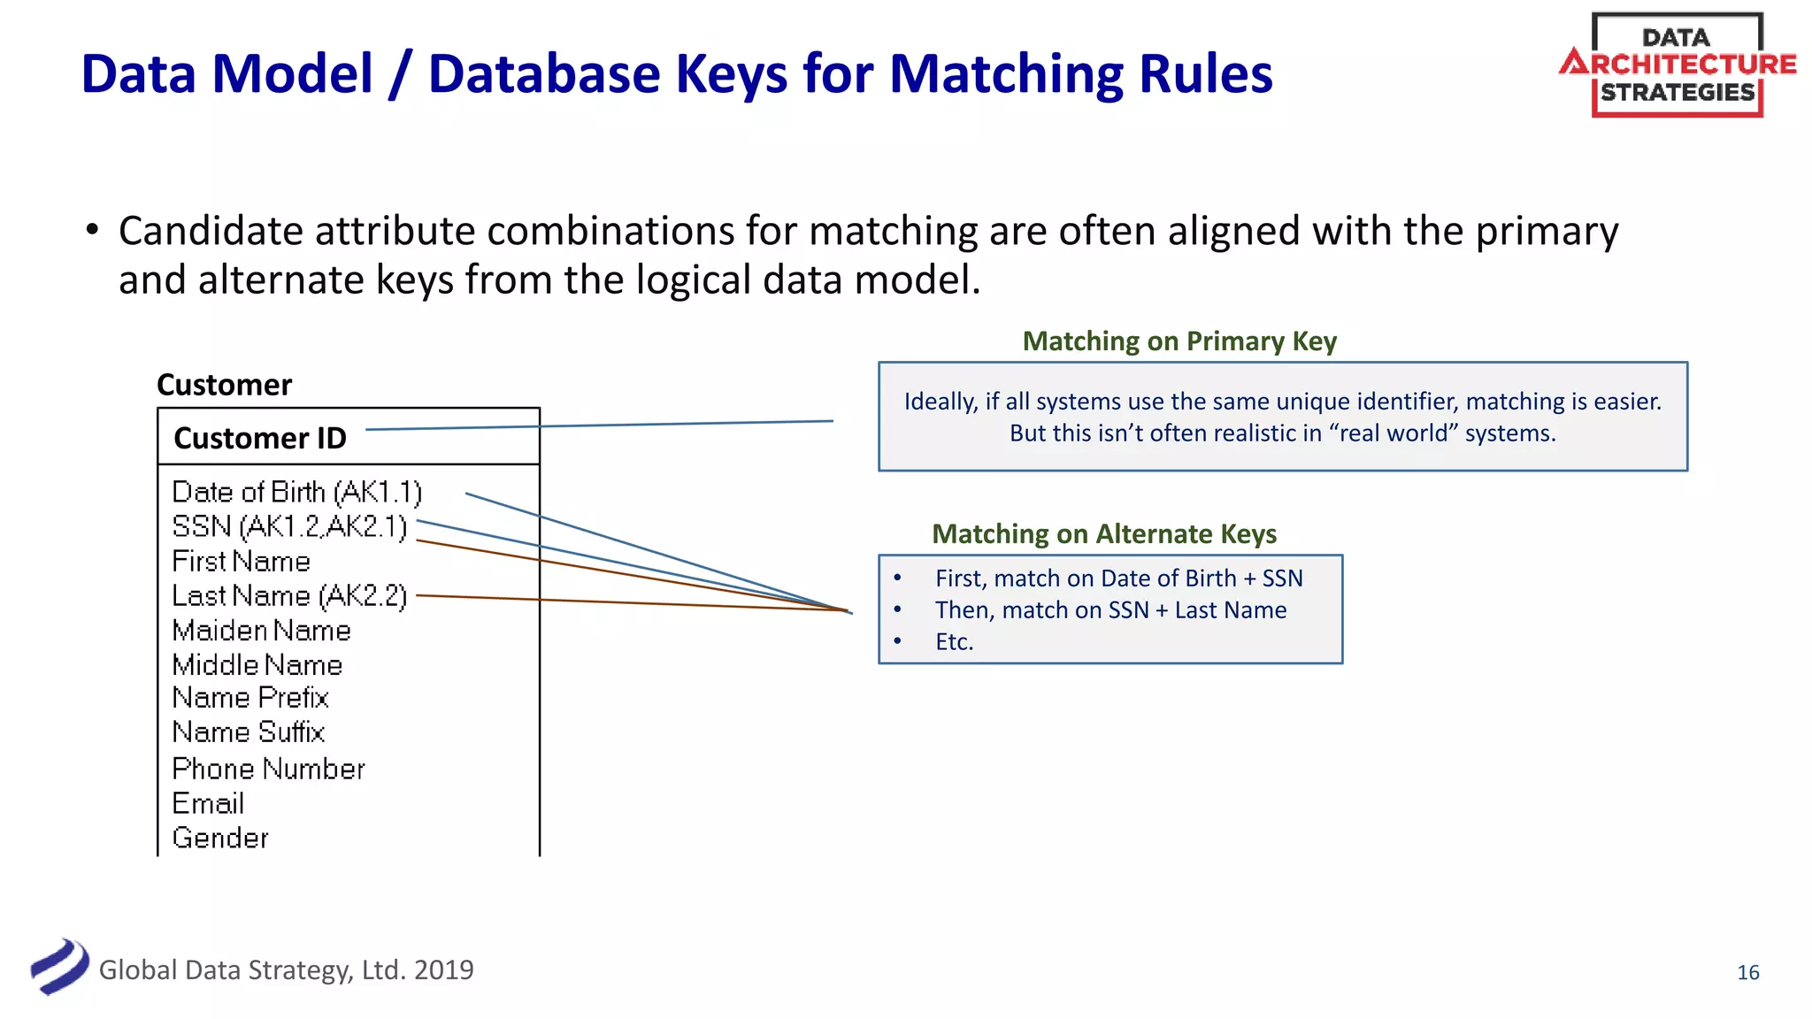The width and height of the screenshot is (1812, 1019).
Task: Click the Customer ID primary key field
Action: click(x=260, y=439)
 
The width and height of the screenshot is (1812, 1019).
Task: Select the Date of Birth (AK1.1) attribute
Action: click(x=296, y=492)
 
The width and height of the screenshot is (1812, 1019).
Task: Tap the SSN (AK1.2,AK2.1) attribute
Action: click(x=289, y=526)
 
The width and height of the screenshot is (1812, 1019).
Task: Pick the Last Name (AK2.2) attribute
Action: click(x=289, y=596)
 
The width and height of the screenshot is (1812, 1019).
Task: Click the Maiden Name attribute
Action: click(x=261, y=631)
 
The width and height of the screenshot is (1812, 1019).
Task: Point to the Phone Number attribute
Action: click(x=268, y=770)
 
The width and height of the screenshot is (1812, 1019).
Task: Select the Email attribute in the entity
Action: click(x=208, y=804)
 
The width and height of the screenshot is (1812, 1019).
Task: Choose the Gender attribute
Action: click(x=220, y=839)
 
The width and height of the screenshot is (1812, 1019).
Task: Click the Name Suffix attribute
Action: click(x=249, y=732)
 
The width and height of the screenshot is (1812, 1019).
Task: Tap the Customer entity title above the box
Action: click(x=224, y=386)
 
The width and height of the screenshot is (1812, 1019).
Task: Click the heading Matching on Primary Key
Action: click(x=1179, y=341)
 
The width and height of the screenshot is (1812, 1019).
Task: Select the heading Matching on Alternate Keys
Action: click(x=1103, y=534)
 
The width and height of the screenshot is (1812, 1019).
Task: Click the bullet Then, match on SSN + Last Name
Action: click(x=1110, y=610)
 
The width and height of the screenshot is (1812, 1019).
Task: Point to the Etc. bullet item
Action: click(x=954, y=642)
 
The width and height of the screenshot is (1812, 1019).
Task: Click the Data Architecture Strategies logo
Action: click(x=1677, y=65)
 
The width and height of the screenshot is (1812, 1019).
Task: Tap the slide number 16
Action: click(x=1747, y=973)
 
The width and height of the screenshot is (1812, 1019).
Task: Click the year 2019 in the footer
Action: click(x=443, y=970)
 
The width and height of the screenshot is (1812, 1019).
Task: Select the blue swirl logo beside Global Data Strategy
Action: click(x=59, y=967)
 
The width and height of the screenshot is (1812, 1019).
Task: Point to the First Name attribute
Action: click(x=241, y=562)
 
